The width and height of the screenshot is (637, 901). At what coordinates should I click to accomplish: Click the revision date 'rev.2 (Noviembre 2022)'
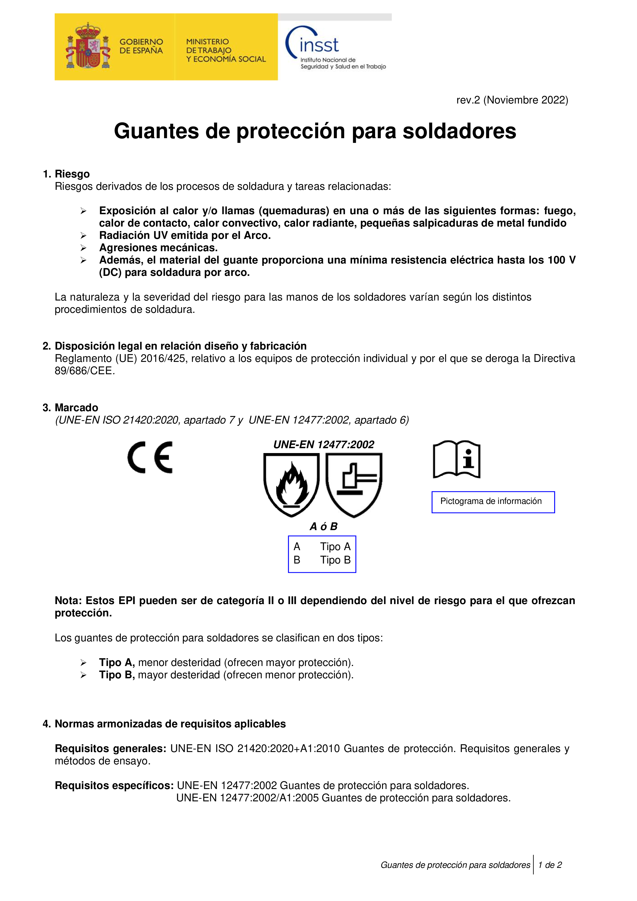pyautogui.click(x=512, y=100)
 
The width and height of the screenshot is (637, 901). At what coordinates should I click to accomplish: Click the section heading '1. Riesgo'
pyautogui.click(x=66, y=174)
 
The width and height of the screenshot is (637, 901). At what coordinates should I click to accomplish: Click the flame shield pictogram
pyautogui.click(x=291, y=485)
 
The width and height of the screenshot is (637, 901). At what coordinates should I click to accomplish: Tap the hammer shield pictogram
pyautogui.click(x=354, y=485)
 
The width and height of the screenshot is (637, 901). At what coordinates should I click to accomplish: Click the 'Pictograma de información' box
pyautogui.click(x=493, y=502)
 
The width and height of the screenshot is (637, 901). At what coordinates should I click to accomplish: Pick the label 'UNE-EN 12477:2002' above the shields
pyautogui.click(x=324, y=445)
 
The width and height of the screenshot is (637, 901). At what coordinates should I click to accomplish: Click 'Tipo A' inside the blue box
pyautogui.click(x=335, y=547)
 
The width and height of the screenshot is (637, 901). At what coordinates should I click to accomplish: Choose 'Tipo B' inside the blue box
pyautogui.click(x=335, y=560)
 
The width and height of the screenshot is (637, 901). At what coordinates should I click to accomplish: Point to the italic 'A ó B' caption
pyautogui.click(x=324, y=527)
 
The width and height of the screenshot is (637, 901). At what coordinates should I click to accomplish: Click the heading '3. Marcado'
pyautogui.click(x=71, y=407)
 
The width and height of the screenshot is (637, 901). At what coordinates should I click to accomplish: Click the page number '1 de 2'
pyautogui.click(x=550, y=865)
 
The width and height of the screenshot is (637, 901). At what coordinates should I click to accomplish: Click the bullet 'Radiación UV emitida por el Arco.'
pyautogui.click(x=185, y=236)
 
